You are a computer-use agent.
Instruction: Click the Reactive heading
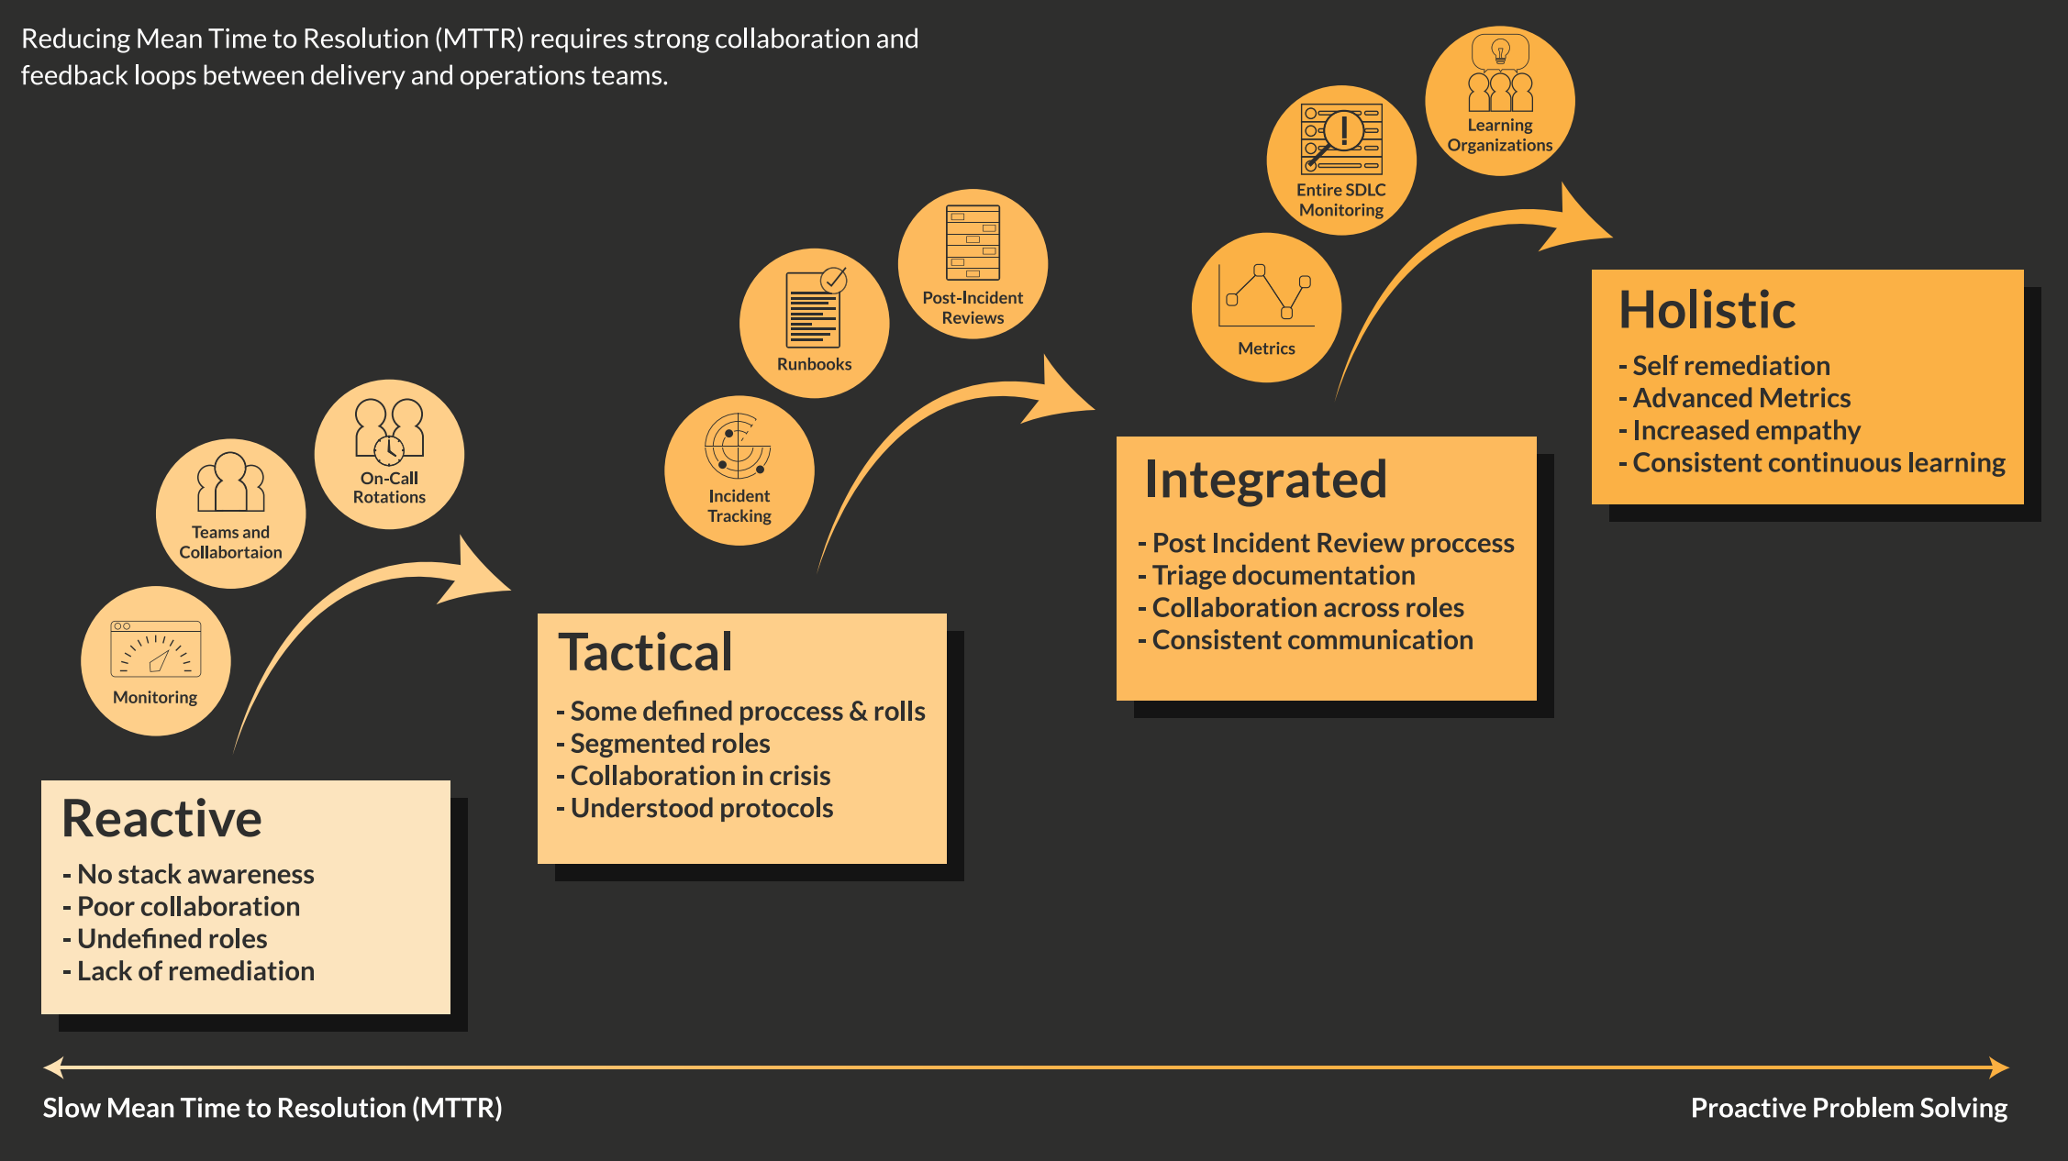(161, 818)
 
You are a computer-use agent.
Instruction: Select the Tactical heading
(645, 652)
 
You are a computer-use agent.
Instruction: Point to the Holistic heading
(1707, 309)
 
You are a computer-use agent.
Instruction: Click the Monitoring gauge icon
(156, 649)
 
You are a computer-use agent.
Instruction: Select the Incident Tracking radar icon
(738, 446)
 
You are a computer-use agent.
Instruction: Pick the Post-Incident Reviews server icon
(973, 242)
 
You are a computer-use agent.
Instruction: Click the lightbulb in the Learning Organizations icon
(1500, 50)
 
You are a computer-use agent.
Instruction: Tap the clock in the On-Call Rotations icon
(389, 450)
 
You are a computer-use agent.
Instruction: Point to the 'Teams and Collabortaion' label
(230, 542)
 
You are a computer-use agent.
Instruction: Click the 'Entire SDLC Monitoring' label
(1341, 200)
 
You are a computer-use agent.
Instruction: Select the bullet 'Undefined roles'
(172, 938)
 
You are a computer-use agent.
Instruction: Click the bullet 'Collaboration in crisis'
(700, 776)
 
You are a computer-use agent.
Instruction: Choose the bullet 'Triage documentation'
(1283, 575)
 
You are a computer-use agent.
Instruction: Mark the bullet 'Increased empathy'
(1746, 430)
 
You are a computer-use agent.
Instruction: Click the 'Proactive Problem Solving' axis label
(1849, 1108)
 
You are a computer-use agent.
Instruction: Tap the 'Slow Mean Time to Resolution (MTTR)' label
(272, 1108)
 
